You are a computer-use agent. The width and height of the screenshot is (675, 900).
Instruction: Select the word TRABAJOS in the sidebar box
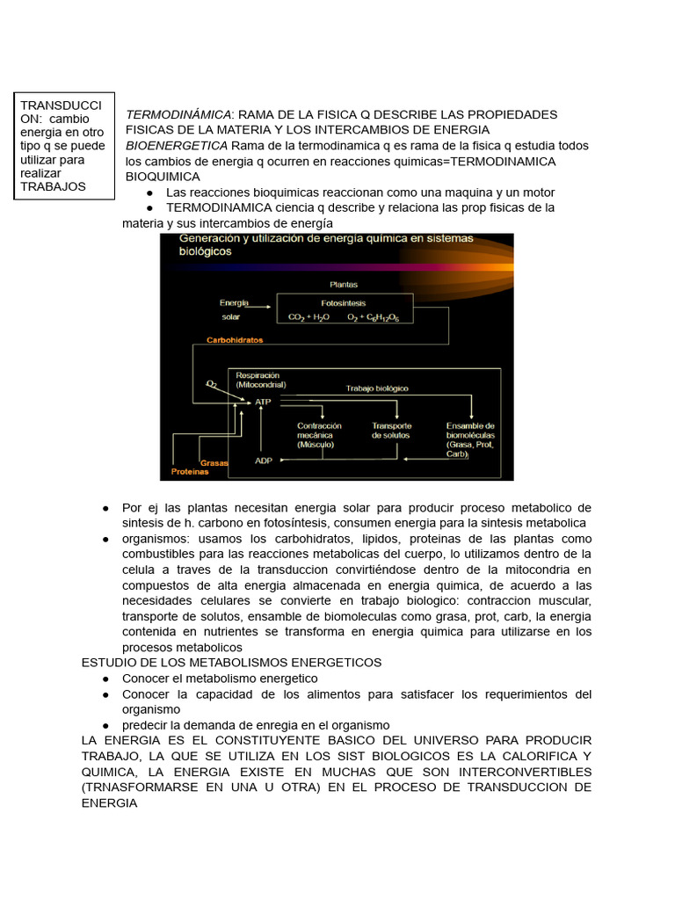[53, 186]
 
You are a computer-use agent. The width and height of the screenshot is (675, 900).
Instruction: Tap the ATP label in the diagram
[264, 402]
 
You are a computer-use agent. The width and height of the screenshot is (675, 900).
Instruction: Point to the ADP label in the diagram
[264, 460]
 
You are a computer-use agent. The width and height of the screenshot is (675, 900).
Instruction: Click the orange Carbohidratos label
[234, 339]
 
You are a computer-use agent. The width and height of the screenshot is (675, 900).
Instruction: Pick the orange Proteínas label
[190, 472]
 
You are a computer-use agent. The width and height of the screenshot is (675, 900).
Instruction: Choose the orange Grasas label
[214, 462]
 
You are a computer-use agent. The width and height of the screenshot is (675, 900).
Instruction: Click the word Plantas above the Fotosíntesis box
[344, 284]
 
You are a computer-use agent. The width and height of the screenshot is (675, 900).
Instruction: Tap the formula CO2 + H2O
[309, 317]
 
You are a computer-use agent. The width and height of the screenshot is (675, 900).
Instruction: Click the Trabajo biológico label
[377, 388]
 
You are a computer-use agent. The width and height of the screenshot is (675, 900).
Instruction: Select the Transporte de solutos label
[391, 431]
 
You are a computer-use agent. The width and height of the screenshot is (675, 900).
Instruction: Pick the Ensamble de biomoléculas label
[471, 435]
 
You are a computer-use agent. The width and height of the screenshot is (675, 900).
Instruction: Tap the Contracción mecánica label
[319, 435]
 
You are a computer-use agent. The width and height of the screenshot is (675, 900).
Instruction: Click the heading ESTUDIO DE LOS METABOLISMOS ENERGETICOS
[231, 662]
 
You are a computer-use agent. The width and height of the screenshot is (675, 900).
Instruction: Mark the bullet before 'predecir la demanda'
[105, 725]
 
